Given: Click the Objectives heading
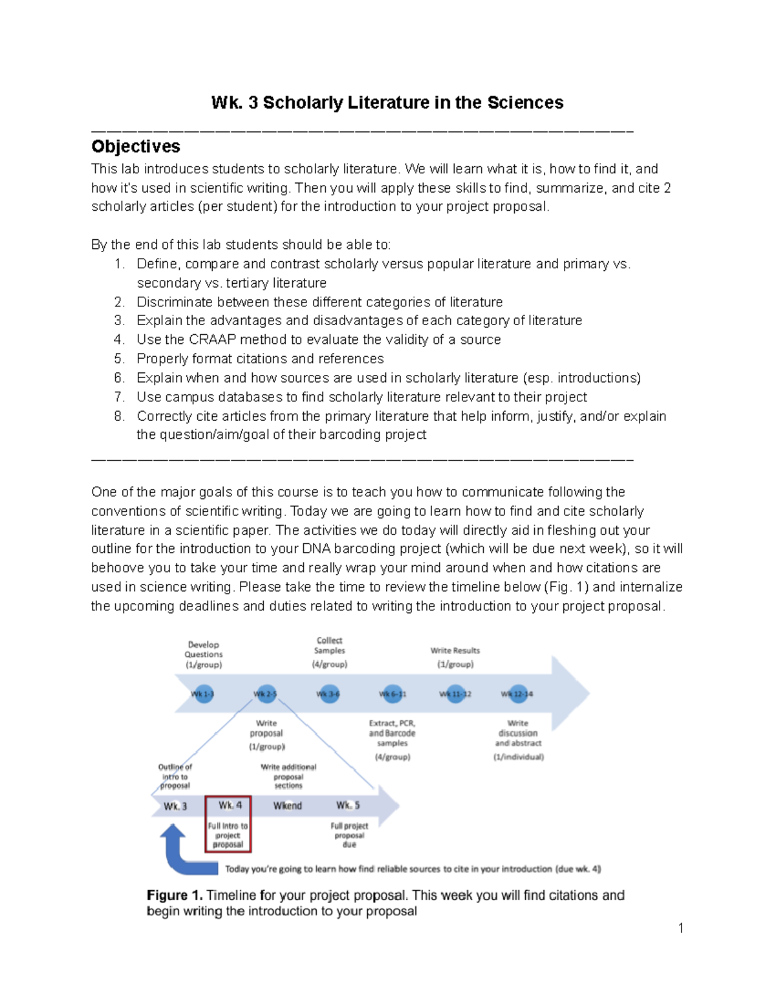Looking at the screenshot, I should point(136,147).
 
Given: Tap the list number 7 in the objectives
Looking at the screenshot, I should point(119,397).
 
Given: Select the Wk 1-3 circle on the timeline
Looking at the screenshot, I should point(202,694).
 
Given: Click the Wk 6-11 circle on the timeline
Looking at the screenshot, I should point(393,694).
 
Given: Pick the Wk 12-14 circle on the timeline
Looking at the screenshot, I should point(517,694).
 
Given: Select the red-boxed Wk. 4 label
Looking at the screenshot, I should point(230,806).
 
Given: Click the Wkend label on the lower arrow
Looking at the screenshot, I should point(287,806).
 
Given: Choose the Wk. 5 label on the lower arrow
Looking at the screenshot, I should point(348,806).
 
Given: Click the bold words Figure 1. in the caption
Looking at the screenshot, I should point(175,895).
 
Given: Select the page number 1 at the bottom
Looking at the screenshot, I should point(681,928).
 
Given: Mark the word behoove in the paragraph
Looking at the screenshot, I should point(118,568).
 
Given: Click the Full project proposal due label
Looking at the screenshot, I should point(349,835).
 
